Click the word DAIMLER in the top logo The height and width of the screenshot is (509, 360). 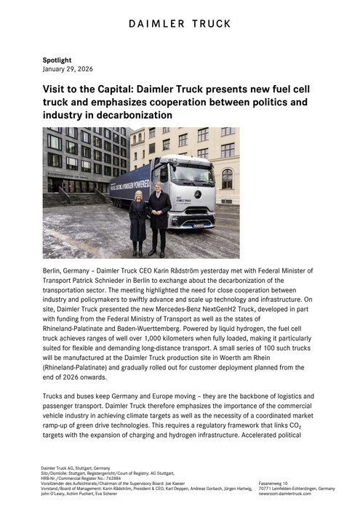[x=157, y=24]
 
